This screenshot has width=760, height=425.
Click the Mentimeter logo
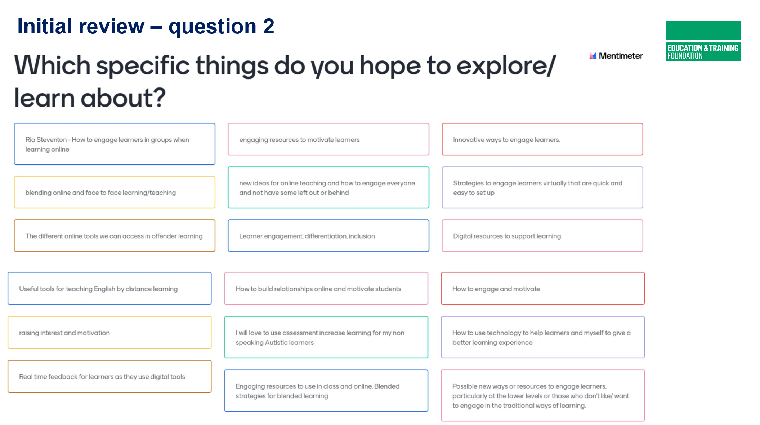(x=616, y=56)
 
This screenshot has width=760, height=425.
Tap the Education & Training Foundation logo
(x=703, y=41)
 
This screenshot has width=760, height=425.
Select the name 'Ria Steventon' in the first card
(x=46, y=140)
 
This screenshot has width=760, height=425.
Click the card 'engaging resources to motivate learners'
(x=328, y=139)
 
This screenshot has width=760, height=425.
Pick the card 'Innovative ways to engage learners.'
(x=542, y=139)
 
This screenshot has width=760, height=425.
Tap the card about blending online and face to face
(x=115, y=192)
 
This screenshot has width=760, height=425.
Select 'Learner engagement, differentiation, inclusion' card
(x=328, y=236)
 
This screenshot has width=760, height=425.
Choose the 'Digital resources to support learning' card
(x=542, y=236)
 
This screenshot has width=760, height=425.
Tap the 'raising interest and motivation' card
(x=109, y=333)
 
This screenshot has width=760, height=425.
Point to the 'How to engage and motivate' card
(x=543, y=289)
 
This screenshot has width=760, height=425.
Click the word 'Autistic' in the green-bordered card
(x=276, y=343)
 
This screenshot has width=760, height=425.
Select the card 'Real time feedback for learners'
(x=109, y=376)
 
